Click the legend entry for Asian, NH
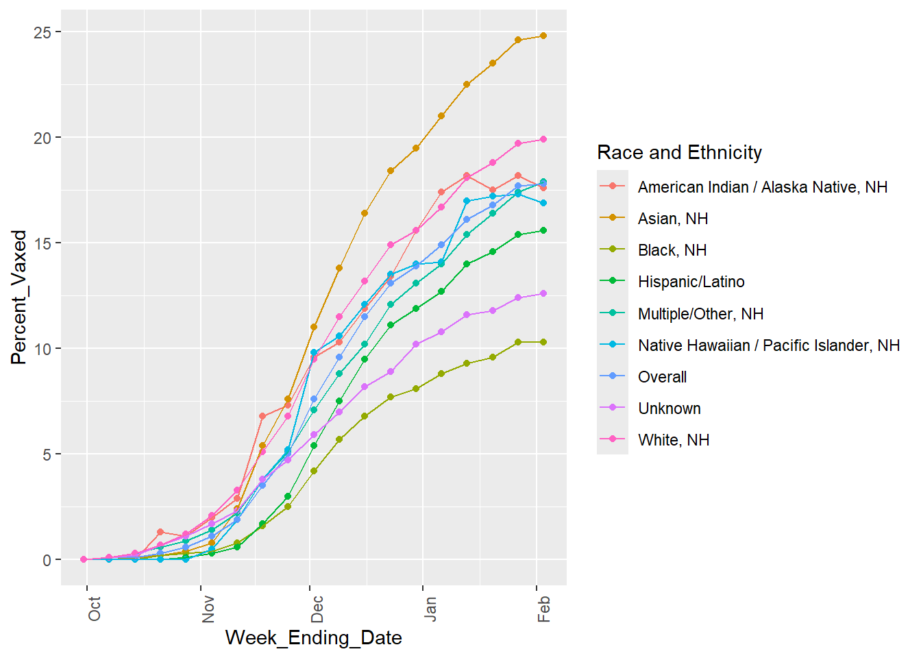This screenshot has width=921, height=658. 672,219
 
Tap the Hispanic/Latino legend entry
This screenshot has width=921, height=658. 691,282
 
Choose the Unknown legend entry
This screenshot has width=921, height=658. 669,409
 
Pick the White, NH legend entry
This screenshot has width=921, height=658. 673,440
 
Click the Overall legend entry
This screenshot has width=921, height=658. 662,377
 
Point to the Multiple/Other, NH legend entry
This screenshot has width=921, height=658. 700,314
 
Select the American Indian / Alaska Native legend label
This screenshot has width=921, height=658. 762,187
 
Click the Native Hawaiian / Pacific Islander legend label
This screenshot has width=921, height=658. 768,345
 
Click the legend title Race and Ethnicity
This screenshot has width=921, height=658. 679,152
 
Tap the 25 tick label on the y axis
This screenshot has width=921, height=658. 42,32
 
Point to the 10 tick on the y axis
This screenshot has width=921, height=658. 42,349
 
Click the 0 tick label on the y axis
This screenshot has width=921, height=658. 47,560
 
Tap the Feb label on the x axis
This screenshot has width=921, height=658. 544,609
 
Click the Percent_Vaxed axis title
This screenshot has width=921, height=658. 19,297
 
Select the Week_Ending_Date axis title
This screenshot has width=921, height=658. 313,637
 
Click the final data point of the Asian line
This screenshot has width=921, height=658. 543,36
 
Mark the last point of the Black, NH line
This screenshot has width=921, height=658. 543,342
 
